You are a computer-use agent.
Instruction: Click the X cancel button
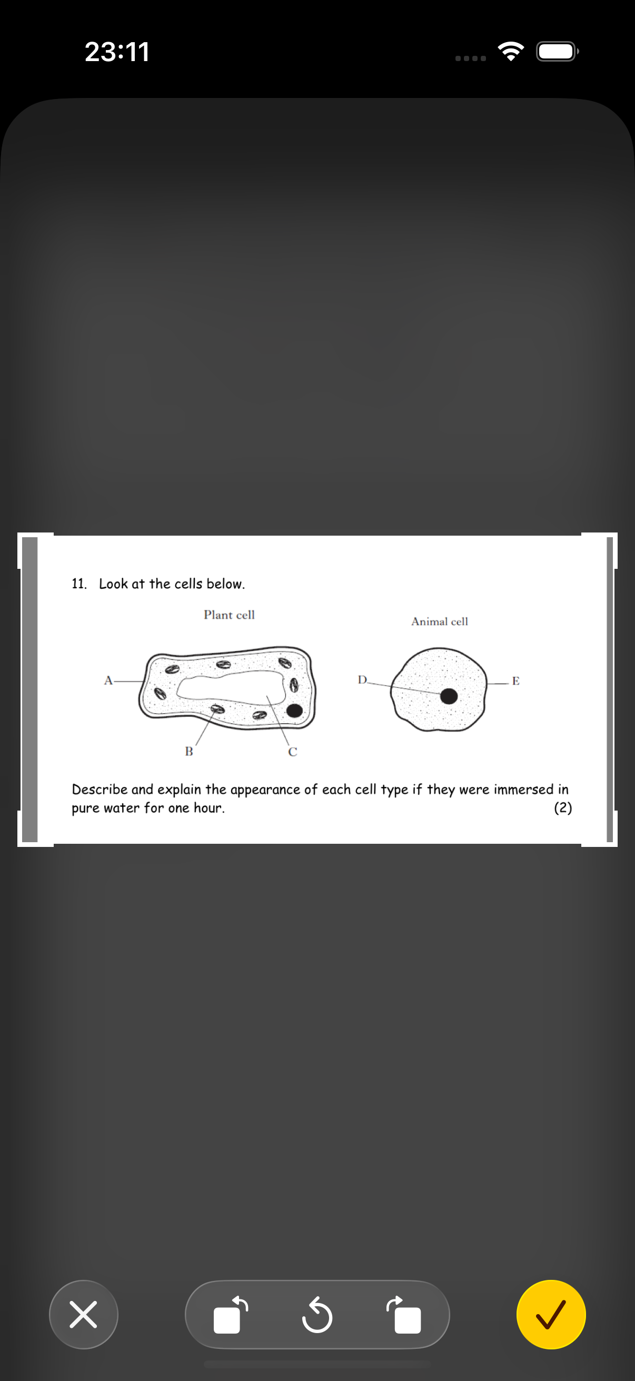tap(84, 1314)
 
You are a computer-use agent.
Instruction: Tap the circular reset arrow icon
tap(316, 1314)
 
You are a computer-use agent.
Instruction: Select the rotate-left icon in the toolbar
tap(231, 1314)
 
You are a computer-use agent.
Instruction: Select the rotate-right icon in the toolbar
tap(404, 1314)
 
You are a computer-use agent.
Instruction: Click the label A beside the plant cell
tap(108, 680)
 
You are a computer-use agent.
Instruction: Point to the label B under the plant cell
tap(188, 752)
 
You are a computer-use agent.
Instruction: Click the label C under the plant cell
tap(292, 752)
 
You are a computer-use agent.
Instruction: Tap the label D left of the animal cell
tap(362, 680)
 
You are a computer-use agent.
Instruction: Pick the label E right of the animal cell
tap(515, 681)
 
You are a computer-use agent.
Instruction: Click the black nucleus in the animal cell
tap(449, 696)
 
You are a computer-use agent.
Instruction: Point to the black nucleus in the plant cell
tap(294, 711)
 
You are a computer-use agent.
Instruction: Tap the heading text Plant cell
tap(229, 615)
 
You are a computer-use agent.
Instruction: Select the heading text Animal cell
tap(440, 622)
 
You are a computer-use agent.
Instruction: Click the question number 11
tap(79, 584)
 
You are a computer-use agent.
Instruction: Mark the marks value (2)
tap(563, 807)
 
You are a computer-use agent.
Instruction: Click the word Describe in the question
tap(100, 789)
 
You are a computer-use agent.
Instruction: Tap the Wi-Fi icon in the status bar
tap(511, 51)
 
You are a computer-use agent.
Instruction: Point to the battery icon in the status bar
tap(557, 52)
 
